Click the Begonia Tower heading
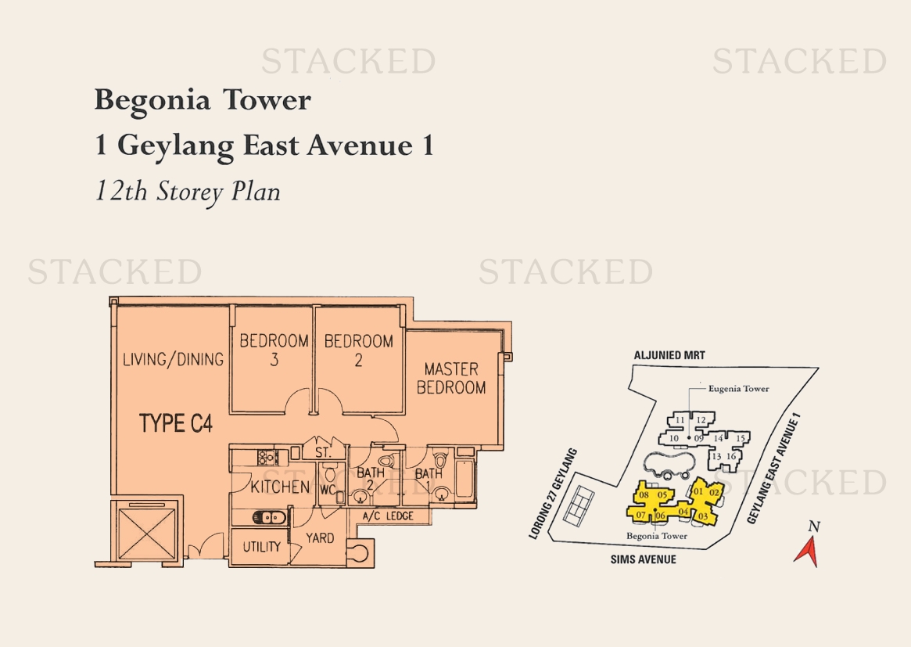pos(203,101)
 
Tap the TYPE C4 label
pos(176,423)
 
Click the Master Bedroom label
pos(451,379)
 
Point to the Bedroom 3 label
pos(274,350)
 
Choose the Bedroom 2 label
pos(358,350)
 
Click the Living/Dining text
pos(173,359)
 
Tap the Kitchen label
pos(279,487)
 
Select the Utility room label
pos(261,546)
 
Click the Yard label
pos(320,538)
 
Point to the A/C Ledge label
pos(388,516)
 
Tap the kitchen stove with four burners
pos(268,457)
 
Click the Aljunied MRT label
pos(669,355)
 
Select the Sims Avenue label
pos(643,559)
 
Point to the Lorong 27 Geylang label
pos(553,494)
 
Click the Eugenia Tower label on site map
pos(738,388)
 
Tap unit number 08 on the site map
pos(643,494)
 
